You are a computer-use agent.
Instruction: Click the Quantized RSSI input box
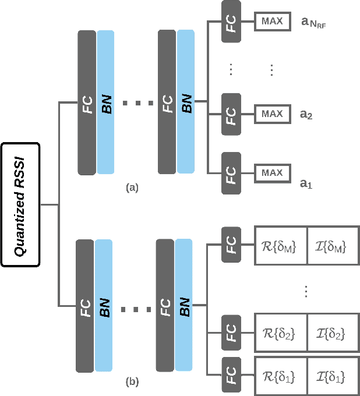point(20,204)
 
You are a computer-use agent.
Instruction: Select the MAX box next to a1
point(272,173)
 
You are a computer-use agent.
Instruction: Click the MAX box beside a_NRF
point(272,22)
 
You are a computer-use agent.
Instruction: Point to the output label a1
point(306,184)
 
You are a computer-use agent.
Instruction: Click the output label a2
point(306,115)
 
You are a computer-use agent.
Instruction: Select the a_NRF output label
point(312,23)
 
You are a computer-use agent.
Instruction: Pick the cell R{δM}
point(281,248)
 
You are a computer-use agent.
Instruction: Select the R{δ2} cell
point(281,334)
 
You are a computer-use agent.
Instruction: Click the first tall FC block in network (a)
point(87,102)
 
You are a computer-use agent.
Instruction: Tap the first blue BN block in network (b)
point(105,305)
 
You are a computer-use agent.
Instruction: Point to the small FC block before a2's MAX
point(231,113)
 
